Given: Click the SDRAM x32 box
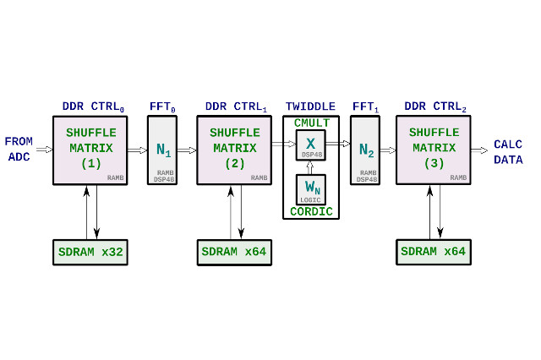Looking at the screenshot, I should coord(89,252).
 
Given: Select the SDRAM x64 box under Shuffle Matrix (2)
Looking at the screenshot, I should coord(232,252).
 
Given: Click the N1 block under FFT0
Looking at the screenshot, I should coord(163,150).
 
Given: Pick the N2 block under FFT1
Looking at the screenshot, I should coord(365,150).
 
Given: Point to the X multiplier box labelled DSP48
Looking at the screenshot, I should coord(311,145).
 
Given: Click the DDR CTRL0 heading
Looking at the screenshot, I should coord(92,107).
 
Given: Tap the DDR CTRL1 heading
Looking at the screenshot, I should coord(236,107).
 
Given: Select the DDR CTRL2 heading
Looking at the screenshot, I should coord(435,107).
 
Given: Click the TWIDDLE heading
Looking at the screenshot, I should coord(310,107).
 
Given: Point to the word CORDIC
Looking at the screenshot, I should coord(311,211).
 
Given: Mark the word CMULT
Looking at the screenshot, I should coord(311,123).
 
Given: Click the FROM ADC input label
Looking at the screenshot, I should coord(19,150).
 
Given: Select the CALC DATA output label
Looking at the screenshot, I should coord(509,151).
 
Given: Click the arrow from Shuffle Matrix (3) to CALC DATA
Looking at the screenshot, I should coord(480,150).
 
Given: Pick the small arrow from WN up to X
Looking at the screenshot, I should coord(310,167).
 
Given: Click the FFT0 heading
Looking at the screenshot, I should coord(163,107).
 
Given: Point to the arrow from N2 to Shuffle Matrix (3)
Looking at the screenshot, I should coord(388,150).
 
